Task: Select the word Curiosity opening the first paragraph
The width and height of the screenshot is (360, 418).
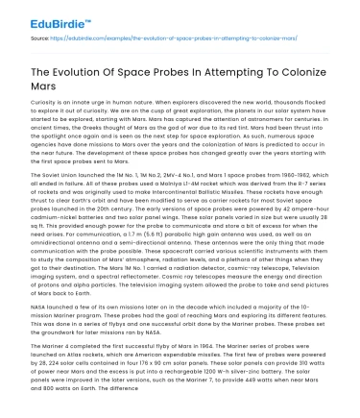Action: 34,104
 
